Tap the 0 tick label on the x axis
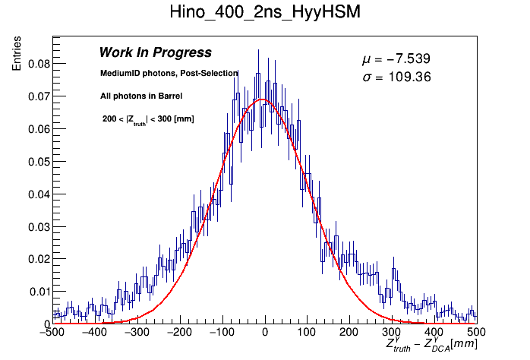pos(264,332)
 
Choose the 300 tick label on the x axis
pos(391,332)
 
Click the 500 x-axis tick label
pos(476,332)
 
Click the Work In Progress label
pos(155,52)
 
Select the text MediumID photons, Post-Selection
pos(169,73)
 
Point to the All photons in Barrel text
pos(141,96)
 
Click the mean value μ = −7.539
pos(396,59)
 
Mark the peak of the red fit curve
pos(261,99)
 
